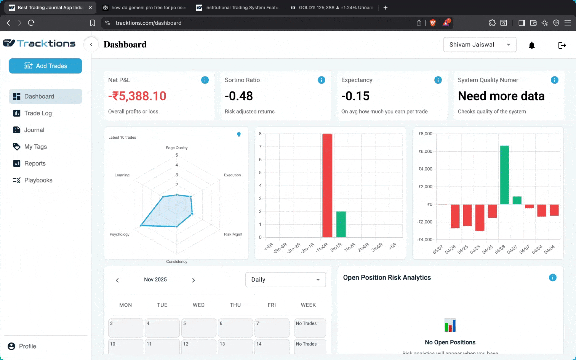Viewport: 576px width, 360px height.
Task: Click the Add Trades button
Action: pos(46,66)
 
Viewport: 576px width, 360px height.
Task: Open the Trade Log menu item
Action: pos(38,113)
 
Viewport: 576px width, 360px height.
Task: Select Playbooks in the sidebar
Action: pos(38,180)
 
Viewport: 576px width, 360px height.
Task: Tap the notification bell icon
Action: pos(532,45)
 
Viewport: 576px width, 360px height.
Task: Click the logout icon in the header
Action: pos(562,45)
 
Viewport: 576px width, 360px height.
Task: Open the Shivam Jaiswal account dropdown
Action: pos(480,45)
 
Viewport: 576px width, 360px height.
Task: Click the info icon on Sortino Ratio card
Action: pos(321,80)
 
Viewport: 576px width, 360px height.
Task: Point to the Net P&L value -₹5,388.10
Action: pos(137,96)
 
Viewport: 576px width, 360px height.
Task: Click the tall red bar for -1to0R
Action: pos(327,185)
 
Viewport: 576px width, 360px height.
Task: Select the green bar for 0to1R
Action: pos(341,224)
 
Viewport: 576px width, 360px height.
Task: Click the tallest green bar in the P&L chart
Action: pos(504,175)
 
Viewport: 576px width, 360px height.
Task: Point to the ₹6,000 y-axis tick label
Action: pos(425,151)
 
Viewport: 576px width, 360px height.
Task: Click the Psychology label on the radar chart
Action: pos(119,234)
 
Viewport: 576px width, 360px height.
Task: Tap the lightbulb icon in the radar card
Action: pos(239,134)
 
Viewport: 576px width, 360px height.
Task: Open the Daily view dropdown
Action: pos(285,280)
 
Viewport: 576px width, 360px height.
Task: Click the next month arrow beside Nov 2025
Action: pos(193,280)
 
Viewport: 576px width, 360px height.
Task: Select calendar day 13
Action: pos(235,346)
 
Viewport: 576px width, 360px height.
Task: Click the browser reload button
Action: pos(31,23)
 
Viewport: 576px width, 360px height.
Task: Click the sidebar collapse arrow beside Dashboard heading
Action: pos(91,45)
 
